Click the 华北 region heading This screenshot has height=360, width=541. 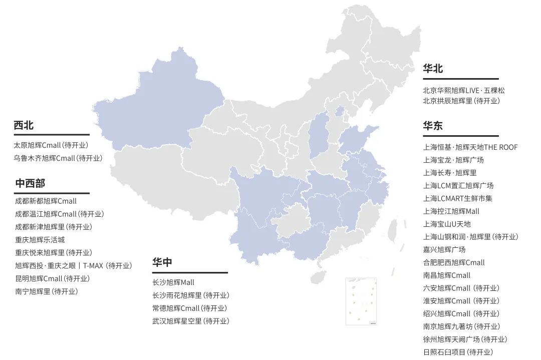[x=433, y=69]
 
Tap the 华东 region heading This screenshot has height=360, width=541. [x=433, y=126]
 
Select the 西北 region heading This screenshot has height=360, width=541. [x=24, y=126]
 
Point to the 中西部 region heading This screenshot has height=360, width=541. [x=30, y=183]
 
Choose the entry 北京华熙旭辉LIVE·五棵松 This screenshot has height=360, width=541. [x=464, y=91]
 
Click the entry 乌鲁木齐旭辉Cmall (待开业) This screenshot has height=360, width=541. [x=58, y=158]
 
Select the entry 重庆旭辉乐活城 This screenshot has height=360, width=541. [x=40, y=240]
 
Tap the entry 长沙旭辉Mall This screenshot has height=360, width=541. [x=173, y=283]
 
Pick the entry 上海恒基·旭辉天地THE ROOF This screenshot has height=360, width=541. [x=470, y=147]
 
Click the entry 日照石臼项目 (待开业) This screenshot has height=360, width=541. [x=458, y=352]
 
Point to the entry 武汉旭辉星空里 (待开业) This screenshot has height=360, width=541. [x=191, y=321]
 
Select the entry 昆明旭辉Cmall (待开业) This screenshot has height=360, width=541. [x=52, y=278]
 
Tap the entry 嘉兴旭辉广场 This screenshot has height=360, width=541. [x=444, y=249]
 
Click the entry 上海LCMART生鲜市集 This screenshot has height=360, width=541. [x=458, y=198]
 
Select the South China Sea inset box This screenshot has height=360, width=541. [x=361, y=301]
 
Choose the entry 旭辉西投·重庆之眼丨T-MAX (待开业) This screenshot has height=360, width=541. [x=74, y=266]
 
